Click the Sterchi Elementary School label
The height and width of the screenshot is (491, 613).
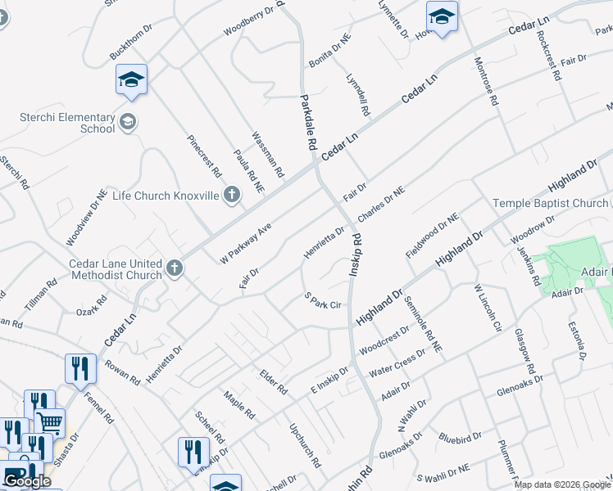pyautogui.click(x=68, y=122)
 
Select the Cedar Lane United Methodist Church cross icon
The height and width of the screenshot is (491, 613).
pyautogui.click(x=174, y=268)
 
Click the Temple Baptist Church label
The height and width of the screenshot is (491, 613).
pyautogui.click(x=550, y=203)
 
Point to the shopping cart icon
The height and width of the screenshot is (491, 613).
pyautogui.click(x=50, y=422)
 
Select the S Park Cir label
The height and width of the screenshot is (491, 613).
pyautogui.click(x=322, y=300)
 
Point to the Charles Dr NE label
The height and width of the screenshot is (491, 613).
pyautogui.click(x=381, y=204)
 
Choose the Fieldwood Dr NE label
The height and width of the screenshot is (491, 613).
pyautogui.click(x=433, y=235)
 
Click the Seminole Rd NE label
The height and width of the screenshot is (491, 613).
pyautogui.click(x=423, y=324)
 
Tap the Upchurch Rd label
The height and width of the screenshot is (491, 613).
pyautogui.click(x=305, y=445)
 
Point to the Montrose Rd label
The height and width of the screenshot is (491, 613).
pyautogui.click(x=485, y=83)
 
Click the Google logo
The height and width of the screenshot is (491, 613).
pyautogui.click(x=27, y=481)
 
